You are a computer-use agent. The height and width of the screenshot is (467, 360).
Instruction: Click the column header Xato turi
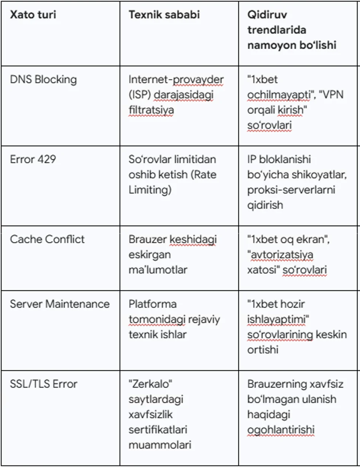pos(33,15)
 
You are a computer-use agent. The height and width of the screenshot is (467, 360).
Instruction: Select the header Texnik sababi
pos(164,15)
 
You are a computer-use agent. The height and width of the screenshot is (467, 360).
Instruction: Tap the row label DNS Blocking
pos(43,80)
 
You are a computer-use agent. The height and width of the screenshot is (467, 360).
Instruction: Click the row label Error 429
pos(33,159)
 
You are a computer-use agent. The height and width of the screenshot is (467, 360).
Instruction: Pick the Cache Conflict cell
pos(47,239)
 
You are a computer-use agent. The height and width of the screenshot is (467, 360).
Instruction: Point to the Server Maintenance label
pos(59,304)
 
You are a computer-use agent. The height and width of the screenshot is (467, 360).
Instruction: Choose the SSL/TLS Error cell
pos(43,384)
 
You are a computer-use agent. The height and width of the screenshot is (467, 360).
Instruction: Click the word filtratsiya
pos(151,110)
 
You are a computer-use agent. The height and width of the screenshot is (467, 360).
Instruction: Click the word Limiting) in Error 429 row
pos(150,190)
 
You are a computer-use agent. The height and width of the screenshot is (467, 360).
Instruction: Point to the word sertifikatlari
pos(158,430)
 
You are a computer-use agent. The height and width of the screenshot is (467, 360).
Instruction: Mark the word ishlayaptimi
pos(277,319)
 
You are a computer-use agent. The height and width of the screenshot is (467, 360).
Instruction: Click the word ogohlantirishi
pos(281,430)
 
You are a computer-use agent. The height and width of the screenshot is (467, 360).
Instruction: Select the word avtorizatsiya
pos(280,254)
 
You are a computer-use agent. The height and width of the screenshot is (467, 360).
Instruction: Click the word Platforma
pos(152,304)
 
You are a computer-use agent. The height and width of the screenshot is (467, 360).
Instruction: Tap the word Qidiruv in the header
pos(267,15)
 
